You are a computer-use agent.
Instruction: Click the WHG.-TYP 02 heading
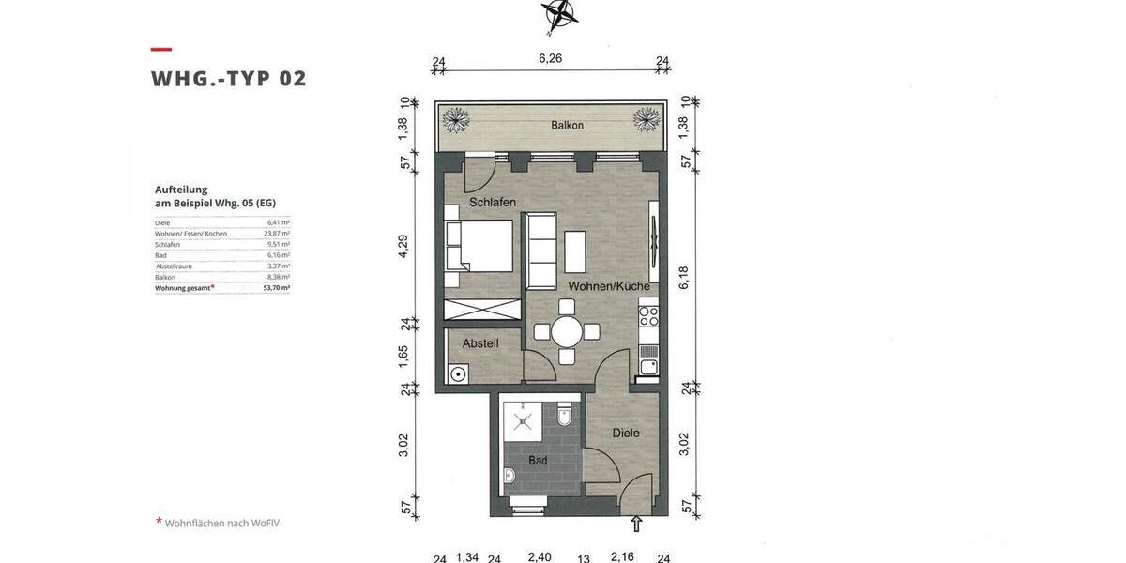tap(229, 78)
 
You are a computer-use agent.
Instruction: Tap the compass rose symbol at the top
tap(558, 13)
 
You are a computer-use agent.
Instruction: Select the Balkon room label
tap(567, 125)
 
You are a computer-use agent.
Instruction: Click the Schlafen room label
tap(493, 202)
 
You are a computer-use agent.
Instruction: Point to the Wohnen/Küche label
tap(608, 286)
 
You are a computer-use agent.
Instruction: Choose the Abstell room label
tap(480, 343)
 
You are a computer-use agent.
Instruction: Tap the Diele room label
tap(626, 433)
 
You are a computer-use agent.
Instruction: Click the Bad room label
tap(538, 461)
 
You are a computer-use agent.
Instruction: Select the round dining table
tap(567, 331)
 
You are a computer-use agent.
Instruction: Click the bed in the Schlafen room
tap(479, 246)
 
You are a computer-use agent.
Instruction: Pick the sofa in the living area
tap(540, 251)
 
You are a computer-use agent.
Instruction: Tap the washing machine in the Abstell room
tap(458, 374)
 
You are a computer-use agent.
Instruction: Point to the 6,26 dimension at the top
tap(550, 58)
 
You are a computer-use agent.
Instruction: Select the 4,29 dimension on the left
tap(403, 247)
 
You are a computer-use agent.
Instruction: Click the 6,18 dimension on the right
tap(684, 278)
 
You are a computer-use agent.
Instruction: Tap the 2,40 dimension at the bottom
tap(540, 556)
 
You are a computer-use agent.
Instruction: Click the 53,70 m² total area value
tap(277, 288)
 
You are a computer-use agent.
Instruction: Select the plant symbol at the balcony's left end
tap(457, 118)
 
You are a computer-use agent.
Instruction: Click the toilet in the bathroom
tap(564, 414)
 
